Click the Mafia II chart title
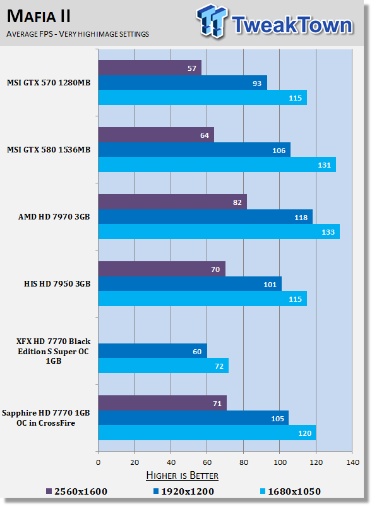tap(39, 16)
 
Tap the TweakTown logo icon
tap(212, 22)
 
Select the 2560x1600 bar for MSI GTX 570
tap(150, 68)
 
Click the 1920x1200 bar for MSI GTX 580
tap(195, 150)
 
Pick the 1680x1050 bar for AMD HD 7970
tap(219, 231)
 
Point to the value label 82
tap(237, 202)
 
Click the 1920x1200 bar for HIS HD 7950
tap(190, 284)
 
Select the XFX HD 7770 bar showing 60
tap(152, 351)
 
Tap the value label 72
tap(219, 366)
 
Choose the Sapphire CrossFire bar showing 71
tap(162, 403)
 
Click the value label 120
tap(304, 433)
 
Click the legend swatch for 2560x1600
tap(49, 491)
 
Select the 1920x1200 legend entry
tap(184, 491)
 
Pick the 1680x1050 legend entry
tap(291, 491)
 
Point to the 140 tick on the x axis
tap(352, 462)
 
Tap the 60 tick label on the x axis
tap(207, 462)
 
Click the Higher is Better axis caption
tap(182, 476)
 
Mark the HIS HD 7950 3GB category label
tap(57, 283)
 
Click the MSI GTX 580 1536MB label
tap(49, 150)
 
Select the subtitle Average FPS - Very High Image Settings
tap(78, 34)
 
